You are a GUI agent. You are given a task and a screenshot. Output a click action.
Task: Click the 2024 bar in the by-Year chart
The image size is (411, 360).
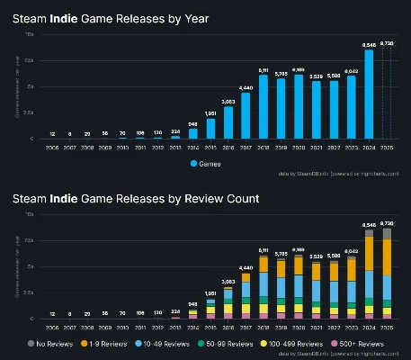point(368,94)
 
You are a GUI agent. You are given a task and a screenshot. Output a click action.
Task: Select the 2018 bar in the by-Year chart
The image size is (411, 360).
point(264,107)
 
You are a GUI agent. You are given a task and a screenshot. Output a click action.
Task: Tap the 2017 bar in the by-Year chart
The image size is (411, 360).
point(246,115)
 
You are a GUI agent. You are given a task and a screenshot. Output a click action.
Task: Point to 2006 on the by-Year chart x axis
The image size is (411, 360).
point(53,148)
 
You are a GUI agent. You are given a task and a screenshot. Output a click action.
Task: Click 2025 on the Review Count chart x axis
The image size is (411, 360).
point(386,328)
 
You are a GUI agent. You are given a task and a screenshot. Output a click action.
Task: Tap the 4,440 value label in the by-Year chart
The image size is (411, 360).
point(246,87)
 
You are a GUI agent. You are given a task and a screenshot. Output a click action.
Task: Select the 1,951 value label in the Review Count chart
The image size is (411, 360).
point(210,293)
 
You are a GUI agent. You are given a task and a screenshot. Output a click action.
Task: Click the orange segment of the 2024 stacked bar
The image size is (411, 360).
point(368,252)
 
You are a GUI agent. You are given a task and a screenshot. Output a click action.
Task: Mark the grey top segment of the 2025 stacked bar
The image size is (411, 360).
point(386,233)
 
